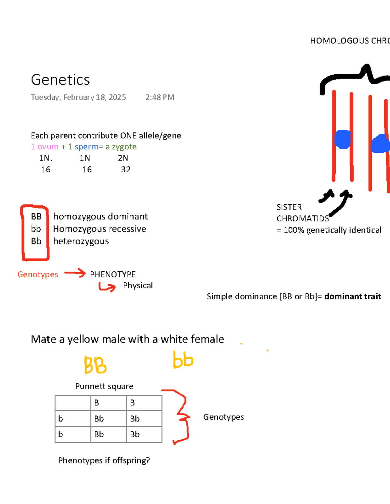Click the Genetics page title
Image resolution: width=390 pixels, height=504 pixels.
60,80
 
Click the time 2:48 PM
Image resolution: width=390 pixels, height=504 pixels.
160,97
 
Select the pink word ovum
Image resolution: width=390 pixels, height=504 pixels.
48,147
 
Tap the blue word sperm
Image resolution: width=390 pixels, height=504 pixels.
86,147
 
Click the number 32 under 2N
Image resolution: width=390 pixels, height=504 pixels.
126,169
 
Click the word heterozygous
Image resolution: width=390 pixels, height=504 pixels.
81,241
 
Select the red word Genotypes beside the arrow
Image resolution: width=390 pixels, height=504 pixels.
38,275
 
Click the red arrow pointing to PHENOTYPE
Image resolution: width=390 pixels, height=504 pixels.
75,273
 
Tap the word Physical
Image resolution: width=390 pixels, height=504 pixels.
138,286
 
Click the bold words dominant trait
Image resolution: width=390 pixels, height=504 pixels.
353,296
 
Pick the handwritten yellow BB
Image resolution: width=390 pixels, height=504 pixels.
95,365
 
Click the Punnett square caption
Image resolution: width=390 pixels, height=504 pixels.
104,386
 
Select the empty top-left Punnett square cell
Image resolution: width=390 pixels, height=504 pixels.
73,403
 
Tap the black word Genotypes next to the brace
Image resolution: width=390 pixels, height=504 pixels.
224,417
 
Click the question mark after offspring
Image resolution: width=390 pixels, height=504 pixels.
148,461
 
